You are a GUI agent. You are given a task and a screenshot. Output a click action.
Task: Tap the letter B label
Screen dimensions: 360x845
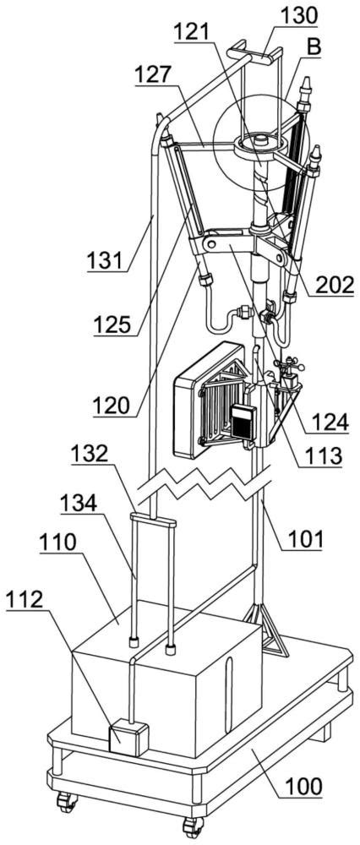click(314, 47)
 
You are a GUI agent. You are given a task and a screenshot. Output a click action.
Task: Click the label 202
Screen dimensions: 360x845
click(335, 283)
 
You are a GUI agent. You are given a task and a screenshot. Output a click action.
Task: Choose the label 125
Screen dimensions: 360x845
click(112, 325)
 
